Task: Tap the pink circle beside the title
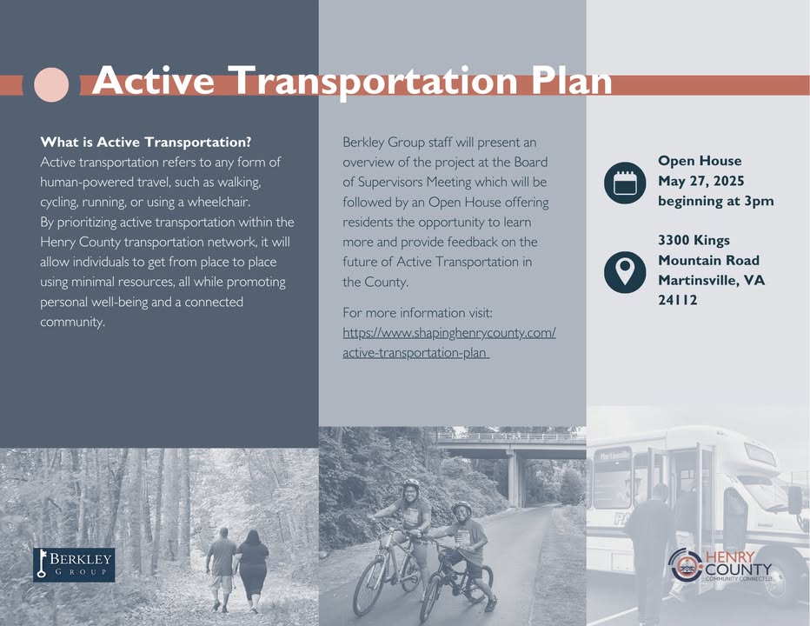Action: coord(51,85)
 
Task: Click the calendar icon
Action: coord(625,183)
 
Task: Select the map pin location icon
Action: coord(625,272)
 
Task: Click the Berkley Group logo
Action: coord(74,564)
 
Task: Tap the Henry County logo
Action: coord(720,564)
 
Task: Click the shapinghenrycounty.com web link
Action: coord(449,343)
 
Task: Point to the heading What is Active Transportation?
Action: coord(146,143)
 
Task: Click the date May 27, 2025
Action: coord(701,181)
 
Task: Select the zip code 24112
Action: coord(677,300)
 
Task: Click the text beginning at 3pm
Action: coord(716,201)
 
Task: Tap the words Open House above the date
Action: coord(700,161)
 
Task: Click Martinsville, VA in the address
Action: coord(711,280)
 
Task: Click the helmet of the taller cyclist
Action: coord(411,485)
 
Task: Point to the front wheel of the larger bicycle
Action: coord(369,582)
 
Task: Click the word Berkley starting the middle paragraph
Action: coord(363,143)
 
